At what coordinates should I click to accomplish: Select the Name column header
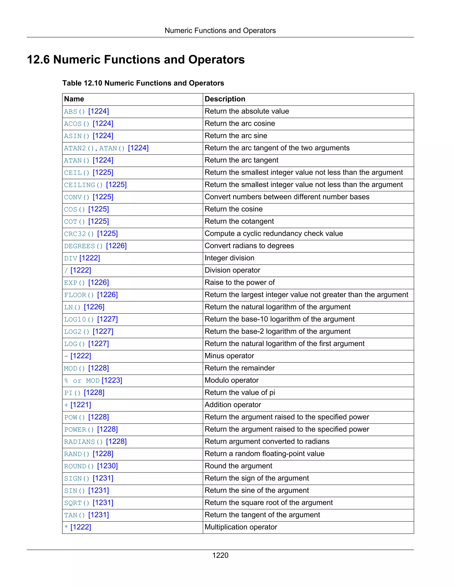click(x=74, y=99)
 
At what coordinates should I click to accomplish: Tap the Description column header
click(x=225, y=99)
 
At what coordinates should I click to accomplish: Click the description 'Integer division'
click(x=229, y=258)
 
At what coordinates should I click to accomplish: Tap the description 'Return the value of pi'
click(x=240, y=393)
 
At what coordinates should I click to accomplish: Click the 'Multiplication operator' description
click(x=241, y=527)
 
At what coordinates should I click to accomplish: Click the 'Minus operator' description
click(x=229, y=356)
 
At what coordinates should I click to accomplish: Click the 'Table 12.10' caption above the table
click(x=143, y=83)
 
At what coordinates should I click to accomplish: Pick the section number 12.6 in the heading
click(x=38, y=60)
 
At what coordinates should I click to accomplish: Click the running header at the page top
click(x=220, y=31)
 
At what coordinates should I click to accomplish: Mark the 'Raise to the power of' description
click(x=239, y=282)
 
